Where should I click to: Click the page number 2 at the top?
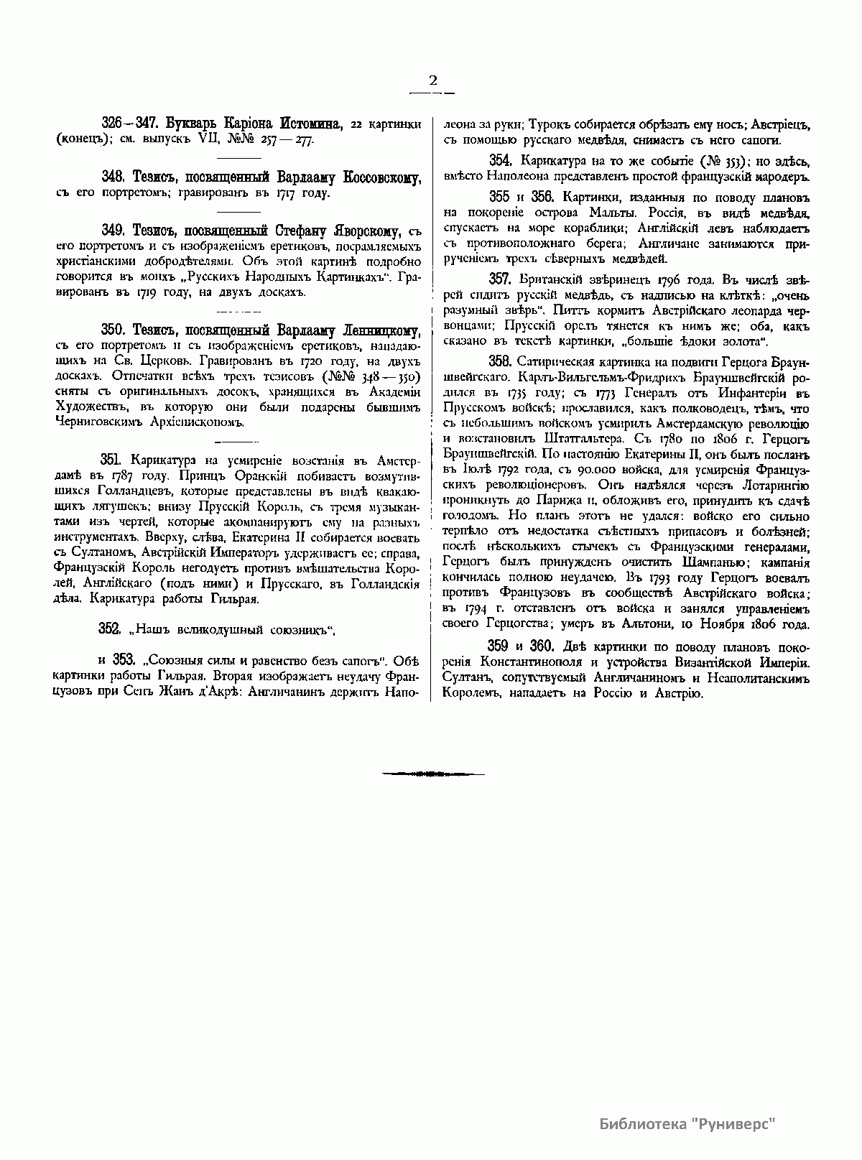click(432, 80)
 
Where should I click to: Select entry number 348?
click(114, 177)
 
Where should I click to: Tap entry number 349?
click(114, 230)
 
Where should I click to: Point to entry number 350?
click(114, 330)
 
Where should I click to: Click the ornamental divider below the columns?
click(432, 774)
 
